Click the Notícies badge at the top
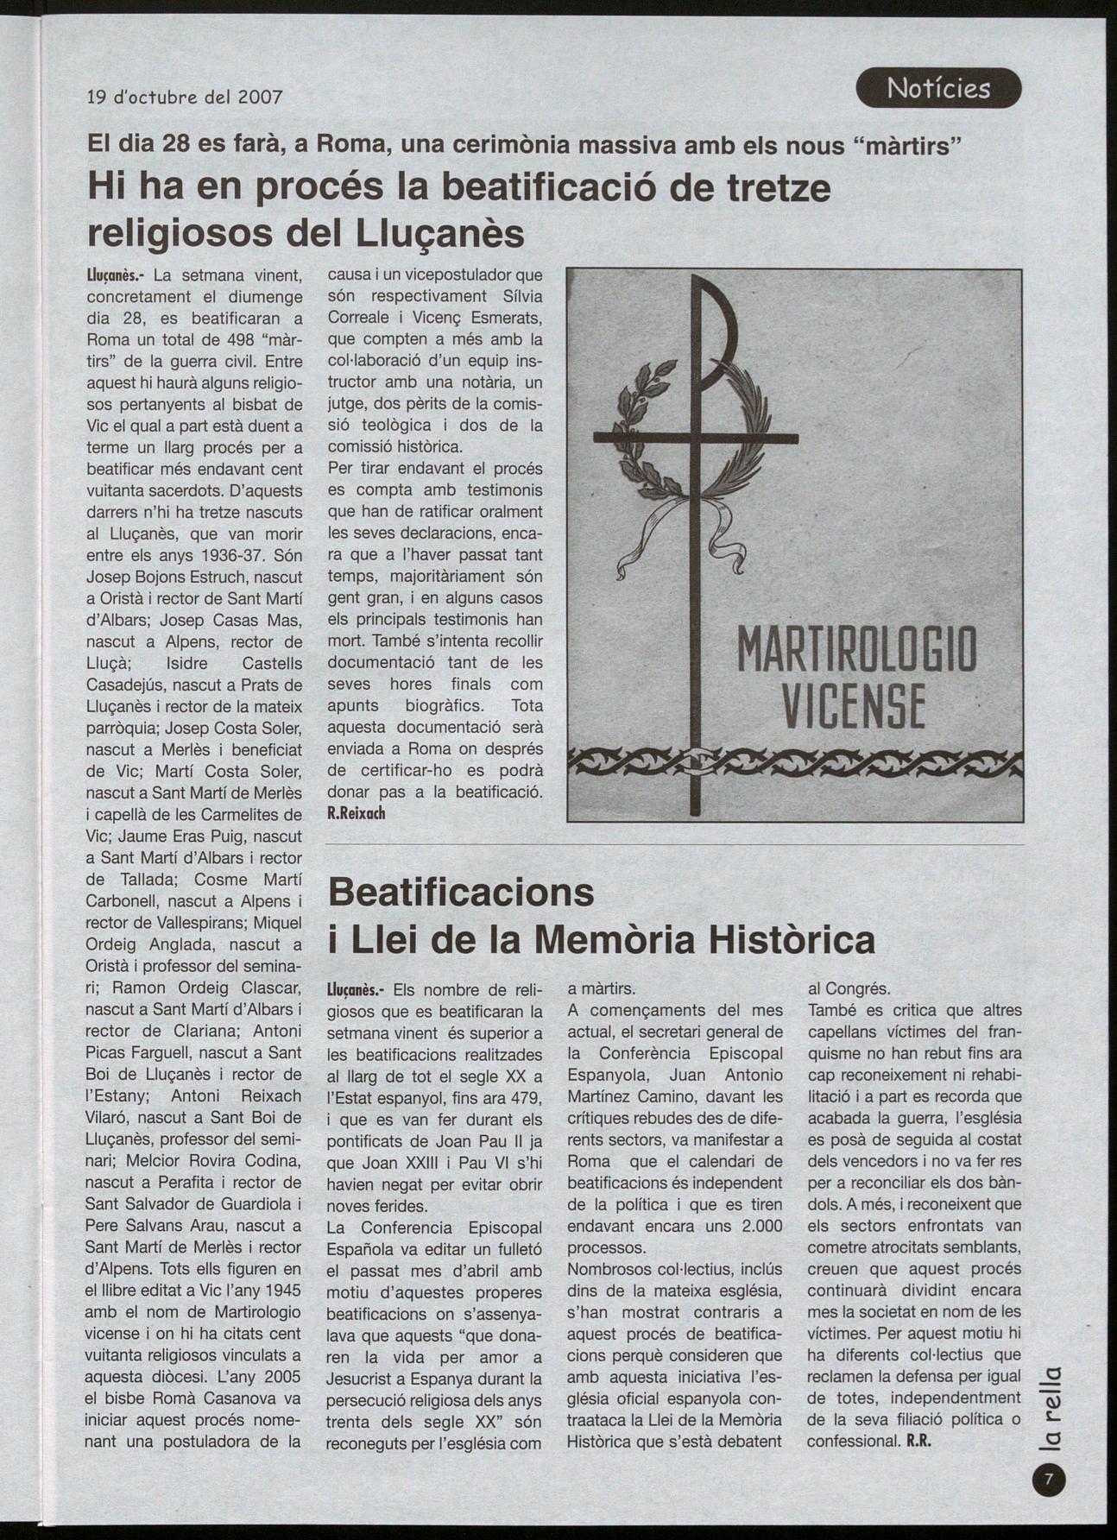[938, 88]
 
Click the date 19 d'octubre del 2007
[185, 97]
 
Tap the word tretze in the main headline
[775, 187]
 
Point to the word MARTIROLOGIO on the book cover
[856, 649]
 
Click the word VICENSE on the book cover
[853, 706]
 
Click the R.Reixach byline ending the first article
[356, 813]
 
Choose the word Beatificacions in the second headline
[461, 891]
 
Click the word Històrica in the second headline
[791, 939]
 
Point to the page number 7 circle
[1049, 1481]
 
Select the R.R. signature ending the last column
[921, 1442]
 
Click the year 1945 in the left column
[281, 1291]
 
